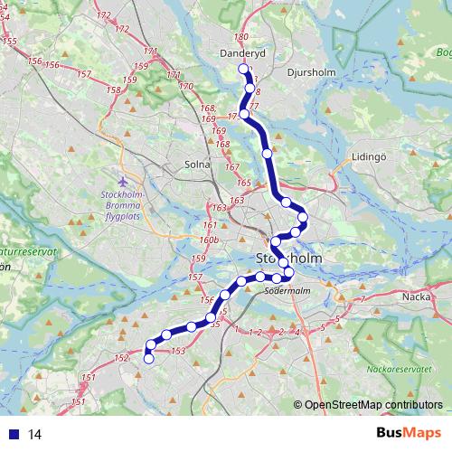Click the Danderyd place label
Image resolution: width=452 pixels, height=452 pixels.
tap(239, 53)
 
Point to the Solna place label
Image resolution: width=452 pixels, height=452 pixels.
tap(197, 165)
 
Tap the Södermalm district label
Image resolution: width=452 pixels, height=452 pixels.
tap(287, 291)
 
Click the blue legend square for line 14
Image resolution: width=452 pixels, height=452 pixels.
tap(14, 434)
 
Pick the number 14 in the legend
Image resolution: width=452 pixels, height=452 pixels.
tap(36, 434)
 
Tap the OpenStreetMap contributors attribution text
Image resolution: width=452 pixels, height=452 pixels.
tap(368, 404)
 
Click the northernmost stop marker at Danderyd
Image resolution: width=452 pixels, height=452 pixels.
tap(243, 70)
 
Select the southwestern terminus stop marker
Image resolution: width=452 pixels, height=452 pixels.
tap(148, 359)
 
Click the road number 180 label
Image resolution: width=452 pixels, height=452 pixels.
tap(240, 37)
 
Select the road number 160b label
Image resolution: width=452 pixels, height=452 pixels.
tap(210, 240)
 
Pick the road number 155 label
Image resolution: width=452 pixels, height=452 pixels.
tap(10, 42)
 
